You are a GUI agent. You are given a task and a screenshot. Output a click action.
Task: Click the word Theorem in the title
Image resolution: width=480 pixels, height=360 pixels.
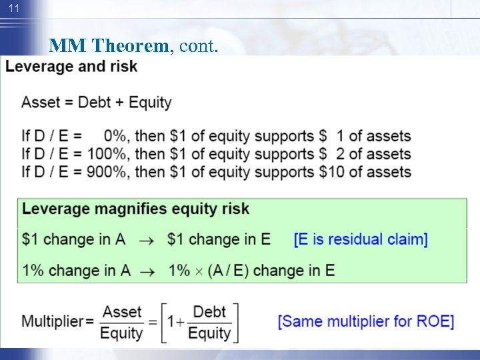click(x=130, y=46)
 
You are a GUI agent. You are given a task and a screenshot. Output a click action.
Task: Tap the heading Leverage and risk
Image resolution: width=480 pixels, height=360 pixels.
click(x=71, y=67)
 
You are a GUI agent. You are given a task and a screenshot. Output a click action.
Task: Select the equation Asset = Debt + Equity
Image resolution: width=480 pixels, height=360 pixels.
click(x=96, y=103)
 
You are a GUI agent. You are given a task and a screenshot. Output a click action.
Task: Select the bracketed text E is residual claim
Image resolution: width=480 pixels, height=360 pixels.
click(x=361, y=239)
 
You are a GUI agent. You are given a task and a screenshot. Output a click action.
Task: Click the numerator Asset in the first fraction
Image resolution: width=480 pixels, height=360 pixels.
click(x=122, y=312)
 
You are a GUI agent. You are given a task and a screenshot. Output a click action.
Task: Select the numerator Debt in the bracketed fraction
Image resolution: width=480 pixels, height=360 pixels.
click(x=209, y=312)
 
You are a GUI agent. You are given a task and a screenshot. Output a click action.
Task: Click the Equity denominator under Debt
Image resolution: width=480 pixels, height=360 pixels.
click(x=209, y=333)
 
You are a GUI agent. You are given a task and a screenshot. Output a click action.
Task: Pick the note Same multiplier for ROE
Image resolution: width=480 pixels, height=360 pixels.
click(x=365, y=321)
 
